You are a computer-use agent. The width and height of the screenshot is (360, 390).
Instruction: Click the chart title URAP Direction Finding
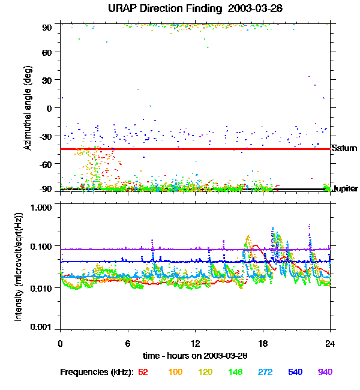180,9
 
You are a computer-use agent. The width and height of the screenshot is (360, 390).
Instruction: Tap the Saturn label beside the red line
344,148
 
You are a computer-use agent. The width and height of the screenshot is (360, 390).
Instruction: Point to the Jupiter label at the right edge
346,189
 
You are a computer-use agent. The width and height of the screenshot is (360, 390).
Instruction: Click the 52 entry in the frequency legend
143,372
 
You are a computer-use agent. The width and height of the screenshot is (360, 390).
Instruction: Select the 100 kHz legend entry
175,372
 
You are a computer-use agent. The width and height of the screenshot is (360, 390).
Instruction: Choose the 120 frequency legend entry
206,372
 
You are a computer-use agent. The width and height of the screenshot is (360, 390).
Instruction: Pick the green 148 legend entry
236,372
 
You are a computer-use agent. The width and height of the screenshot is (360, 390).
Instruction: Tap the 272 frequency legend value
267,372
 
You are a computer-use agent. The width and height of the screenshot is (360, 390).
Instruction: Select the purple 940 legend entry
325,372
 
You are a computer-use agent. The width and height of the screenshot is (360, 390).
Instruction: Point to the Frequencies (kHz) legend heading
97,372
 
